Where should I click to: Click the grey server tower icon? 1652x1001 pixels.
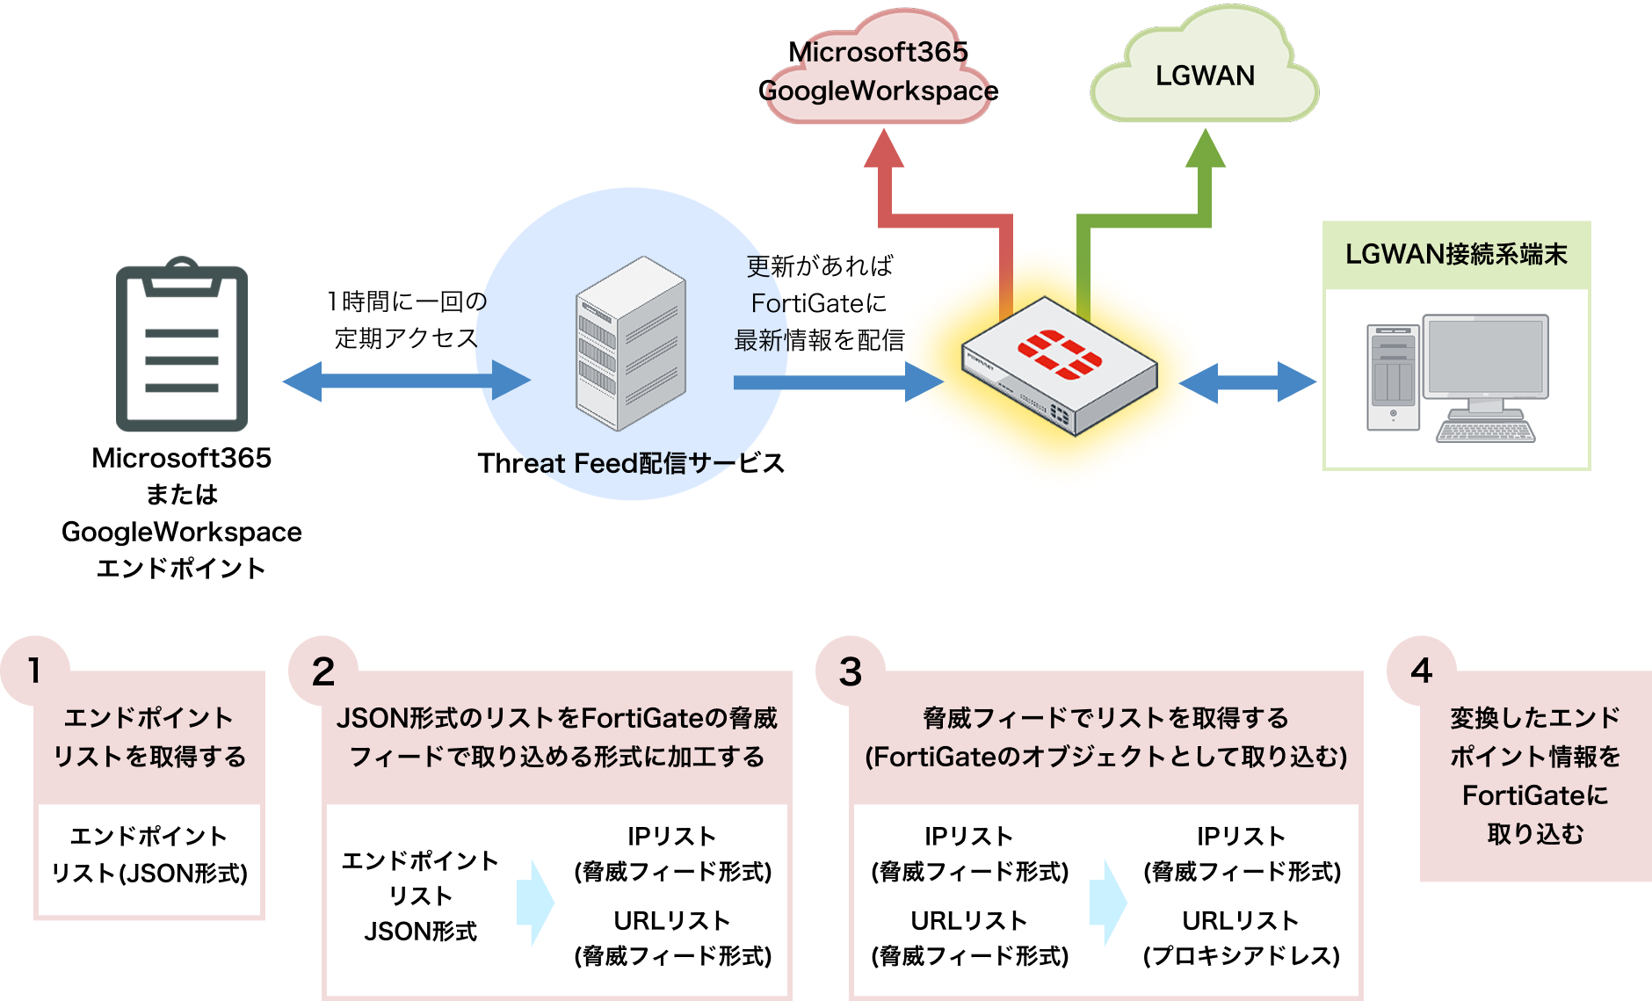(630, 344)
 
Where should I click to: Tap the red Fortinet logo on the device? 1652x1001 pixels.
(1059, 354)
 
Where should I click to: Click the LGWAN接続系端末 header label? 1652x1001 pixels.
(1456, 255)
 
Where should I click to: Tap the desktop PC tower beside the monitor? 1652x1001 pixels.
(1393, 377)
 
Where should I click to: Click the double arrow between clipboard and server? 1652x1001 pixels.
(406, 381)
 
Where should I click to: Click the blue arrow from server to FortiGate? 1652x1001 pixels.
(835, 381)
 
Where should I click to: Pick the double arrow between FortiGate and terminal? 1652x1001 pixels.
(1248, 381)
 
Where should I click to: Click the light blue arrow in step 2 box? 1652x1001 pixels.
(535, 903)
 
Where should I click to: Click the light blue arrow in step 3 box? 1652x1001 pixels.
(1108, 903)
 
